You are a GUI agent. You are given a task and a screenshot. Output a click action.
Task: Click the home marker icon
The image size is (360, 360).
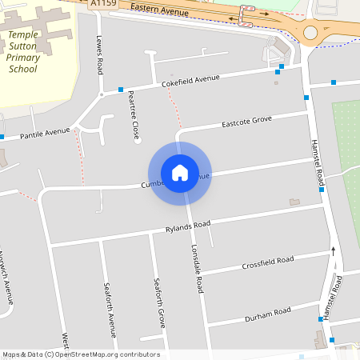click(x=180, y=173)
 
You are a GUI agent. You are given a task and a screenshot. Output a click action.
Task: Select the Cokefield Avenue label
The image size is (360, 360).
click(x=190, y=80)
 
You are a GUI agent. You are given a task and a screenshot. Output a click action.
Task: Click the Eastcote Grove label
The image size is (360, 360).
click(x=247, y=122)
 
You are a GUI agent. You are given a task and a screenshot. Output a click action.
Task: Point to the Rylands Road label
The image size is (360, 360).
click(x=187, y=226)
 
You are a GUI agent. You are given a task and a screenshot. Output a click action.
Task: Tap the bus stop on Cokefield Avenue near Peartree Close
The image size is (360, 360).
click(x=120, y=89)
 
